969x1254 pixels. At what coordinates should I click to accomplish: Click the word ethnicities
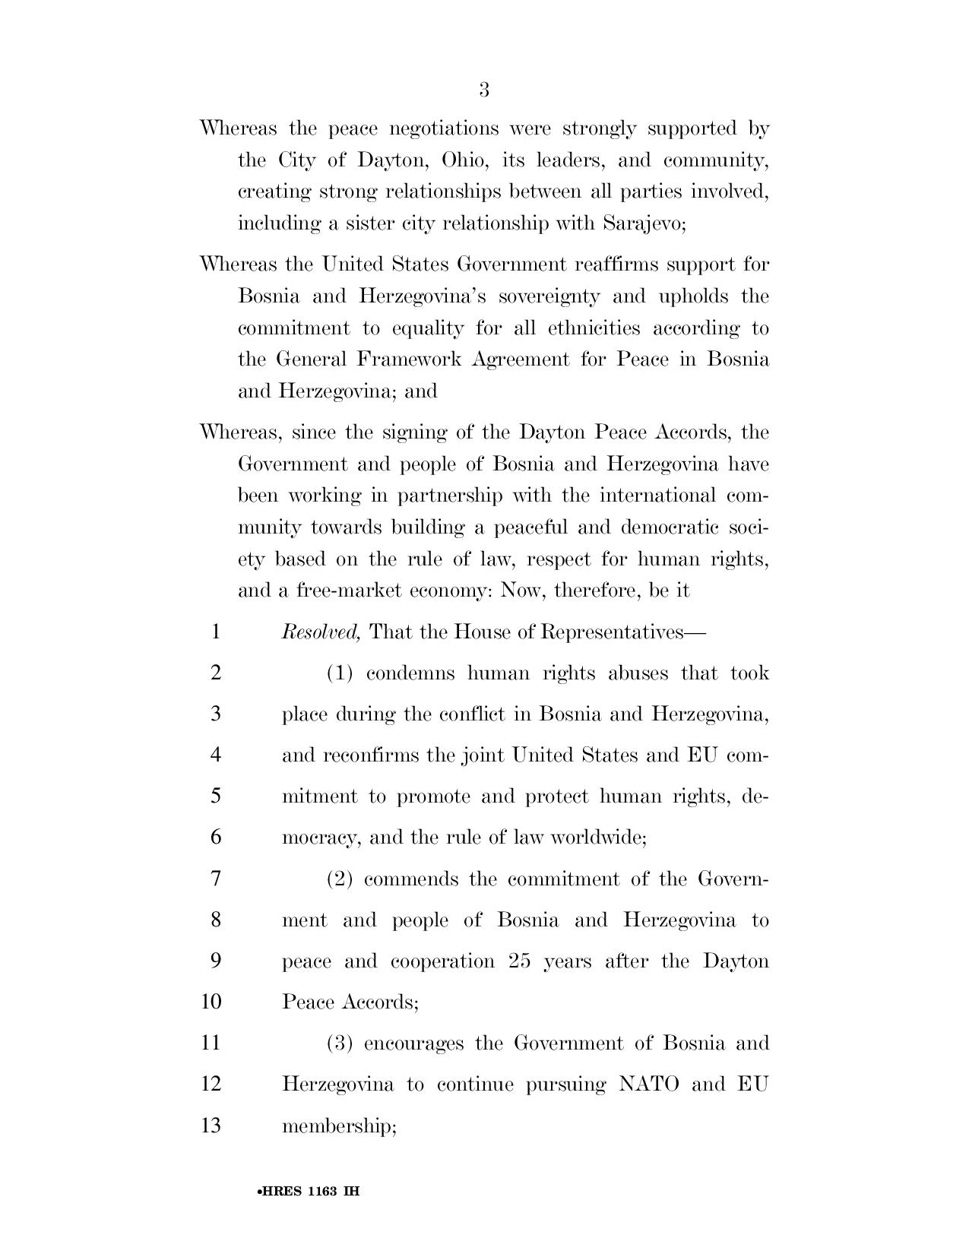pos(594,328)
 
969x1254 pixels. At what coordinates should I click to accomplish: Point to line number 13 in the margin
pos(211,1125)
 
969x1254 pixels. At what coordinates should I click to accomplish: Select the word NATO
pos(648,1084)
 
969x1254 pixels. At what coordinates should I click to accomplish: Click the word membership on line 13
pos(338,1126)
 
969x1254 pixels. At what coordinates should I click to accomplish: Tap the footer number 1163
pos(323,1192)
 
